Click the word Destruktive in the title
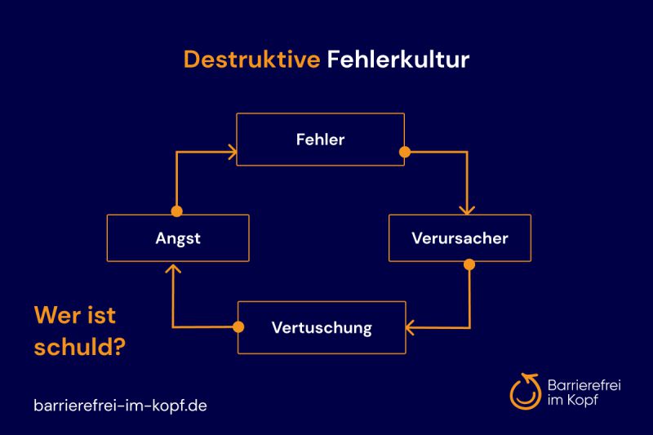click(251, 60)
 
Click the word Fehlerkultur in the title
click(398, 60)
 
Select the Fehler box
click(320, 140)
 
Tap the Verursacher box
click(460, 238)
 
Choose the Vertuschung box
click(321, 328)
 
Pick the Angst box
click(178, 238)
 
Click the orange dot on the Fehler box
click(404, 151)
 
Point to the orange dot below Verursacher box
click(469, 264)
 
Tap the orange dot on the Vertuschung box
click(238, 327)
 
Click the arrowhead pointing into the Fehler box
click(232, 151)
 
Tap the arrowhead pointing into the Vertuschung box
click(411, 327)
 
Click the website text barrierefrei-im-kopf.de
click(120, 405)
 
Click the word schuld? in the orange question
click(79, 347)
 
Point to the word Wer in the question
click(55, 315)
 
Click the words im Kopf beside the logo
click(573, 400)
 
